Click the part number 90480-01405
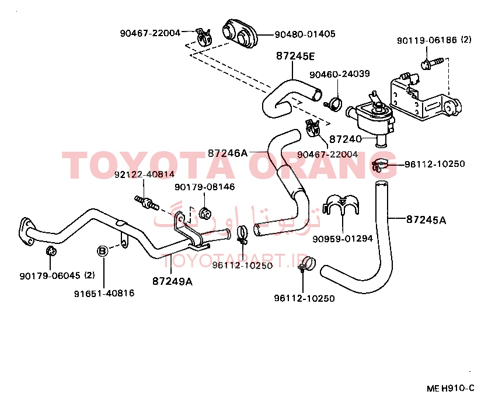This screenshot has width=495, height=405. tap(305, 34)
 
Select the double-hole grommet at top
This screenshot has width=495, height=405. tap(240, 33)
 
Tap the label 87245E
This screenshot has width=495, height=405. tap(295, 56)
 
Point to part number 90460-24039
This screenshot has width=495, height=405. tap(339, 74)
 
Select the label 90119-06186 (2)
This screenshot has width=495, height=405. tap(434, 40)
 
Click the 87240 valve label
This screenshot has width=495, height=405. tap(346, 139)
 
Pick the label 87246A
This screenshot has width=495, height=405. tap(228, 153)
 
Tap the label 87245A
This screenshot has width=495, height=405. tap(426, 219)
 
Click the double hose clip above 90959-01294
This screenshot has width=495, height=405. tap(341, 205)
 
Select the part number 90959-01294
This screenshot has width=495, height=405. tap(343, 238)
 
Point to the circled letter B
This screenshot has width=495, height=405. tap(103, 252)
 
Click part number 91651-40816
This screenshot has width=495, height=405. tap(104, 294)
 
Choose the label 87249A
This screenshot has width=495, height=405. tap(172, 281)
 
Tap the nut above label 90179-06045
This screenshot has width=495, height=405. tap(51, 251)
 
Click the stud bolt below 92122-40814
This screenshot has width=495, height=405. tap(146, 203)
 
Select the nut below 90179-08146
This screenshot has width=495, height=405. tap(205, 214)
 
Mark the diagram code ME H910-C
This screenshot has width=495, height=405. tap(451, 388)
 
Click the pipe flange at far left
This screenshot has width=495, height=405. tap(26, 231)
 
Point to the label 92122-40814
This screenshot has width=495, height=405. tap(144, 174)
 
